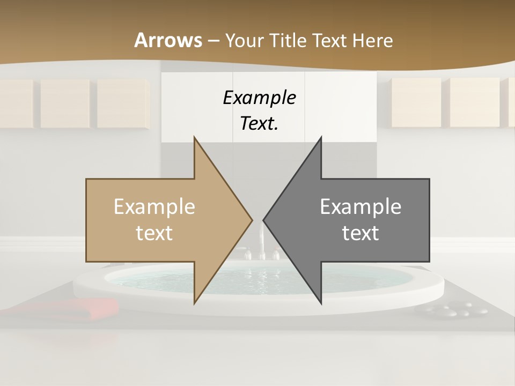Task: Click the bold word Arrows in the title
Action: pos(167,40)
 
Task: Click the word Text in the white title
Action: pos(332,41)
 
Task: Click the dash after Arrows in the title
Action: pos(213,41)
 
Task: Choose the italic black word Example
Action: pos(260,98)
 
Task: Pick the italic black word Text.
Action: pos(257,123)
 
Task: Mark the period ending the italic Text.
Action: pos(277,128)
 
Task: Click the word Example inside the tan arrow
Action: pos(154,206)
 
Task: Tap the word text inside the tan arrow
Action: pos(154,233)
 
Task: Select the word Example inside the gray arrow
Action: pos(360,206)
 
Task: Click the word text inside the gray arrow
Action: pos(360,233)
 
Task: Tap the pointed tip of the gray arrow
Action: pos(264,220)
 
